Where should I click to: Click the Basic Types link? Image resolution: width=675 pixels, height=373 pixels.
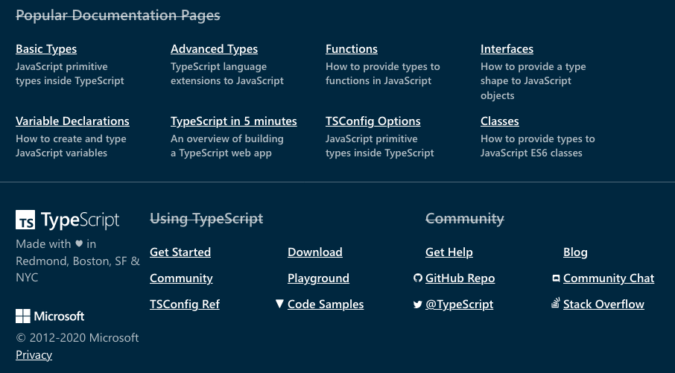tap(46, 49)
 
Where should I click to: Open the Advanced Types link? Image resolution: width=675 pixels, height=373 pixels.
tap(214, 49)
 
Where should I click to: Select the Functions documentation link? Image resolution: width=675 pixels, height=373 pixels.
tap(351, 49)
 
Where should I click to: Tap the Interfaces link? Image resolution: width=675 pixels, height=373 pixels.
tap(507, 49)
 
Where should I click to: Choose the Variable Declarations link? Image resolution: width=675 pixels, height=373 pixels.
tap(72, 121)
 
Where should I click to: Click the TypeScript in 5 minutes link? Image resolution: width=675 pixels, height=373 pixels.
tap(234, 121)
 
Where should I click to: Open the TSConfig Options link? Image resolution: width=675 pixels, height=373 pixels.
tap(373, 121)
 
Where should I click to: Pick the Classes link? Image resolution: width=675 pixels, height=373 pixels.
tap(499, 121)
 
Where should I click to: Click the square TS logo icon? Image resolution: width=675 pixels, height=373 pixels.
tap(25, 220)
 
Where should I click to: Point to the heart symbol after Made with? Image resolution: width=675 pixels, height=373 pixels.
tap(79, 243)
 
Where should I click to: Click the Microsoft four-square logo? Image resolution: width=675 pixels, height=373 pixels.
tap(23, 316)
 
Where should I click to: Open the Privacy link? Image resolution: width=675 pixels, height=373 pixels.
tap(34, 355)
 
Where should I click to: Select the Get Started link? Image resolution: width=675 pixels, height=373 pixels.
tap(180, 252)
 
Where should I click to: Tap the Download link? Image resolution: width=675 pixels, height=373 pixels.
tap(314, 252)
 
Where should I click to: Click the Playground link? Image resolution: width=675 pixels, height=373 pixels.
tap(318, 278)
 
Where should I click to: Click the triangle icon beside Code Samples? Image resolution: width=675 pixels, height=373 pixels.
tap(279, 304)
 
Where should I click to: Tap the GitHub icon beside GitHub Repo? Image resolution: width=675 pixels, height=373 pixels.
tap(417, 278)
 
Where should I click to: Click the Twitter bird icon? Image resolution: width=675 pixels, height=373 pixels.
tap(417, 305)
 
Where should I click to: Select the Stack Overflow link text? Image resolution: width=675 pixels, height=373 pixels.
tap(603, 305)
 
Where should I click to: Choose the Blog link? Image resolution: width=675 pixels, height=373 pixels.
tap(575, 252)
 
